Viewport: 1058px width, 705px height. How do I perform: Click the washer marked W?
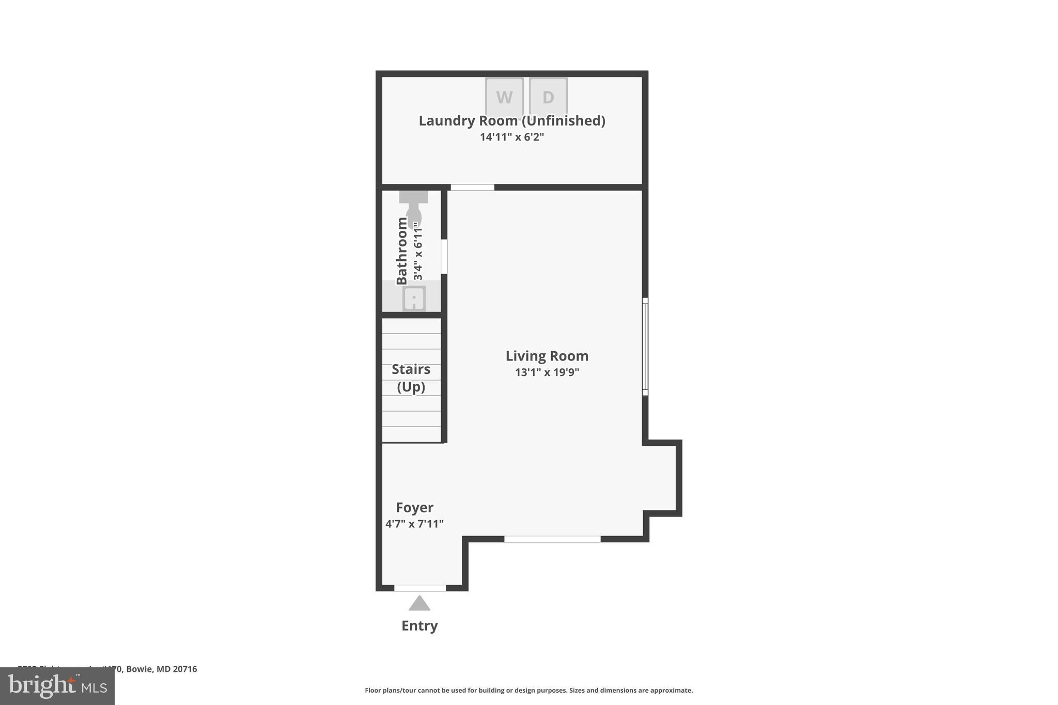504,97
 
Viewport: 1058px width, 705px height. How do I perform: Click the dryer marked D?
548,97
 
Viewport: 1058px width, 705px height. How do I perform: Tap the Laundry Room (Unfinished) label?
511,120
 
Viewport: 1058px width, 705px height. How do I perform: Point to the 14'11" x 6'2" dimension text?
511,137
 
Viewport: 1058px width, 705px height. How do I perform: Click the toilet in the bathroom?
414,209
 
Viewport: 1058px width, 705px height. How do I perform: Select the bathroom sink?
414,299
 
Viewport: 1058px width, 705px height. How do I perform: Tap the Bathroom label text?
402,251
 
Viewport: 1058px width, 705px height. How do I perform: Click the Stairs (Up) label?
411,378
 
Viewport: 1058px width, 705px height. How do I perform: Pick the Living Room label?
547,356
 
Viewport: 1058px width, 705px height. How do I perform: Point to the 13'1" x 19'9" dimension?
547,372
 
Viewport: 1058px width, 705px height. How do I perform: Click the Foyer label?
414,507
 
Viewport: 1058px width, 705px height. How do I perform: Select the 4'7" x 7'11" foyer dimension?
414,524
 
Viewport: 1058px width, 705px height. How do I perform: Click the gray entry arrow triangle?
419,604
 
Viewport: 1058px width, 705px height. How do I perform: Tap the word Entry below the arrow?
419,625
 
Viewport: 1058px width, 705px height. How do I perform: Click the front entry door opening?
420,588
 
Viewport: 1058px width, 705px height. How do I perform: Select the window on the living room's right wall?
645,347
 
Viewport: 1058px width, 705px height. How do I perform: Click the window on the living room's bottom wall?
552,539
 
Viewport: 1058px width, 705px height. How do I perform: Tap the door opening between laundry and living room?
472,187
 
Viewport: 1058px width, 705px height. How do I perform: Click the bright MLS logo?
57,686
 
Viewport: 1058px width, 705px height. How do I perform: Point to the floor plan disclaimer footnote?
528,690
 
